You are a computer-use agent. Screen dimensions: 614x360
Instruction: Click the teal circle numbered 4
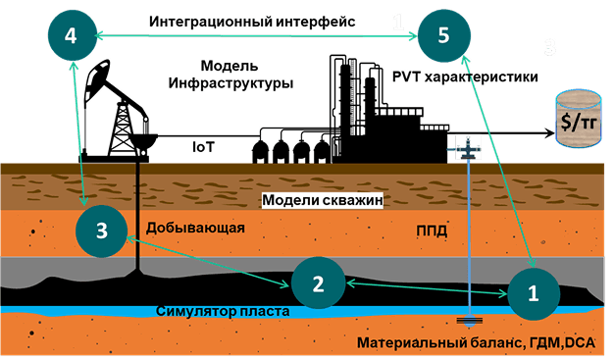click(70, 35)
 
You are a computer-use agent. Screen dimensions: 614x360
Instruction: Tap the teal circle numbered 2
click(317, 283)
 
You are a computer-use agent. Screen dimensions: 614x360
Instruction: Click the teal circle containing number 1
click(534, 291)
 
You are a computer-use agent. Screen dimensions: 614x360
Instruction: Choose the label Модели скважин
click(320, 200)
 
